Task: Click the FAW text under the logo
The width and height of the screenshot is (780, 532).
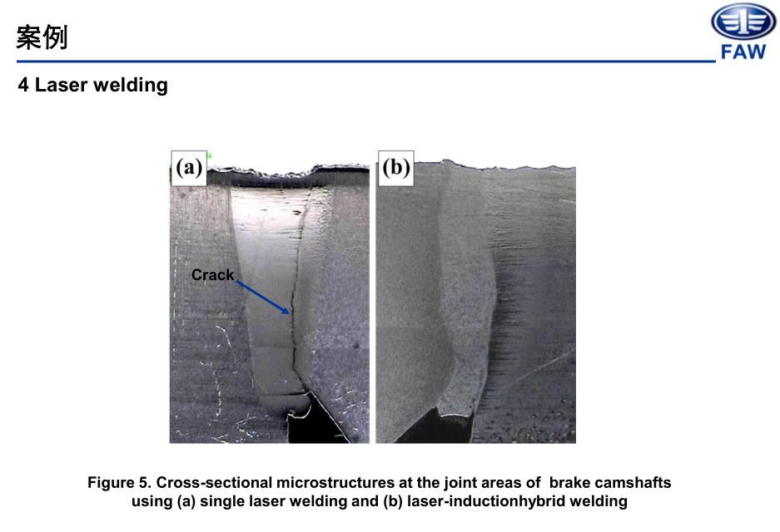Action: point(743,52)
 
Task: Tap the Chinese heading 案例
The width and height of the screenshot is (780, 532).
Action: point(42,37)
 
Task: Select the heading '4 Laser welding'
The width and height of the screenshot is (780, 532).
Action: point(92,85)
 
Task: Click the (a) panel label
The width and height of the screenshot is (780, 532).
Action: point(189,168)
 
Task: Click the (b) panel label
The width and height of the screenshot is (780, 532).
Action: point(395,168)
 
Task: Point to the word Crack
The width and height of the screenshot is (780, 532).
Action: point(212,275)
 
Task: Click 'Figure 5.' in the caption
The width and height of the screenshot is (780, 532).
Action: point(120,483)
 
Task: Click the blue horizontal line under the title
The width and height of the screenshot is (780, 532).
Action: point(358,62)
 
